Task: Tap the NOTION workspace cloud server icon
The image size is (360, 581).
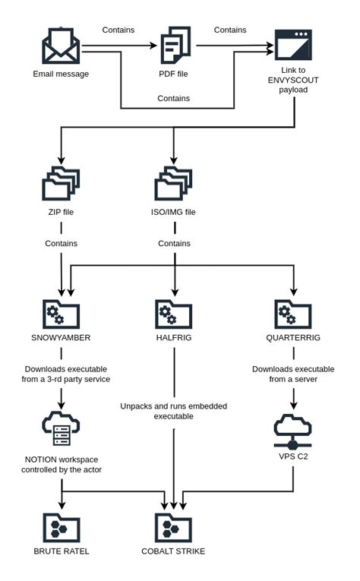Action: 61,430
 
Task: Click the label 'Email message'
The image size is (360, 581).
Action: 61,74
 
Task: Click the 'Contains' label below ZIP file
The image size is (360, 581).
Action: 61,244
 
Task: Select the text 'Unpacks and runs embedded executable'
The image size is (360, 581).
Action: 173,411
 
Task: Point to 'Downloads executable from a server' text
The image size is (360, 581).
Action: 293,374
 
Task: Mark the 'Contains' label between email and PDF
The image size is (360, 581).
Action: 118,30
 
